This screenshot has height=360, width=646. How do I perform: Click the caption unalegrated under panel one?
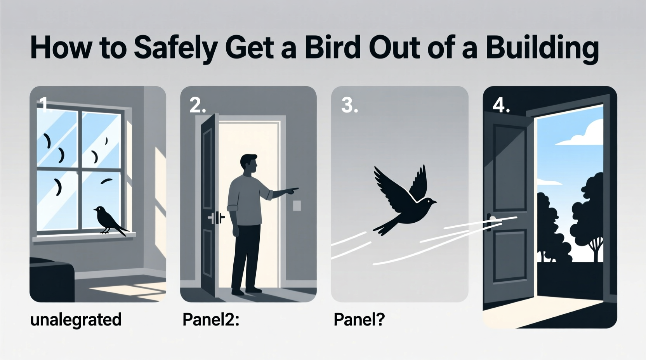pyautogui.click(x=76, y=320)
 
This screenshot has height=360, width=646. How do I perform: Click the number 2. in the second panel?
pyautogui.click(x=198, y=105)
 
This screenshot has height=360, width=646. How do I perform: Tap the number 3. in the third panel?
pyautogui.click(x=349, y=105)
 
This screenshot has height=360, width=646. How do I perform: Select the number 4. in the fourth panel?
pyautogui.click(x=501, y=105)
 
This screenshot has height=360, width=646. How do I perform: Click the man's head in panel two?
pyautogui.click(x=248, y=165)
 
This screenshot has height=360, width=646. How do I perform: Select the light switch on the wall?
pyautogui.click(x=297, y=205)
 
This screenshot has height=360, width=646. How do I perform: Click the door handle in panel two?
pyautogui.click(x=216, y=218)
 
